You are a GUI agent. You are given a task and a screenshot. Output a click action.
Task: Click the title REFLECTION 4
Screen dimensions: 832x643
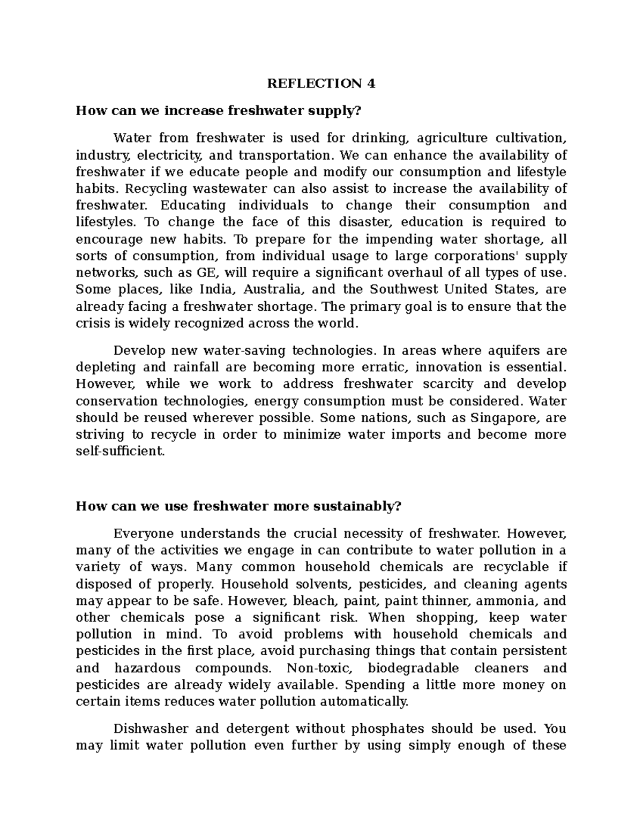tap(322, 84)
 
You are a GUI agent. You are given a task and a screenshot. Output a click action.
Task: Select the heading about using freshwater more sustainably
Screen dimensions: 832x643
tap(238, 506)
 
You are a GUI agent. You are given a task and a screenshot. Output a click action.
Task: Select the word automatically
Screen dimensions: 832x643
tap(364, 702)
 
